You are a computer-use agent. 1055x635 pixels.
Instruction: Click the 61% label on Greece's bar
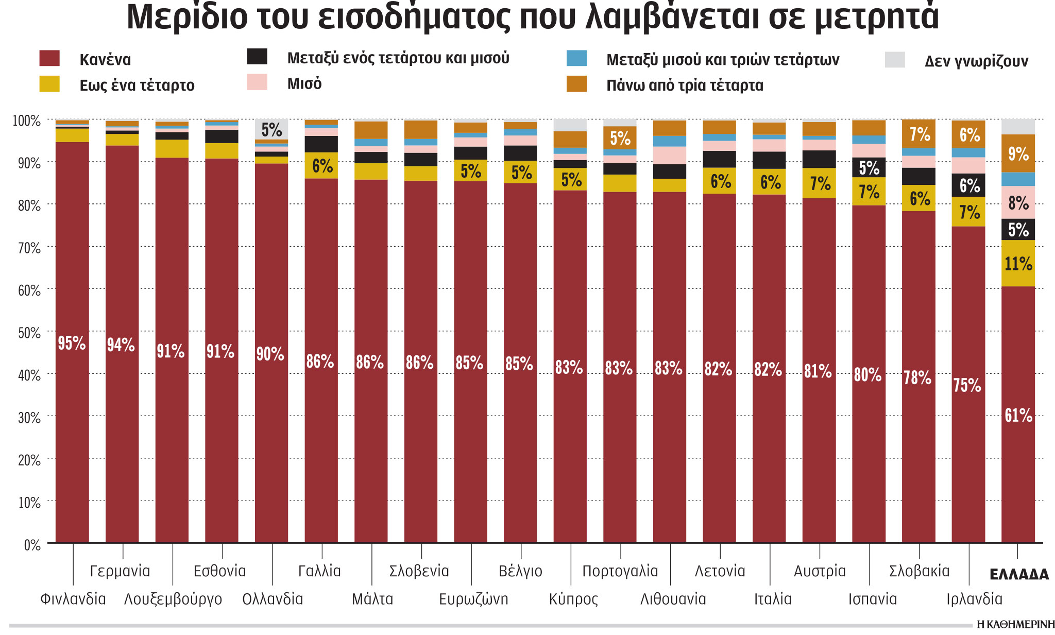pyautogui.click(x=1018, y=415)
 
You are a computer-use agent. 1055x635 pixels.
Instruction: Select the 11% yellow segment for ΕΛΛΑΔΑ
pyautogui.click(x=1018, y=264)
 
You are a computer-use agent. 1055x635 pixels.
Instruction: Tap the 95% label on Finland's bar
pyautogui.click(x=72, y=343)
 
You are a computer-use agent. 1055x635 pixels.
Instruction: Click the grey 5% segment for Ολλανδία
pyautogui.click(x=271, y=129)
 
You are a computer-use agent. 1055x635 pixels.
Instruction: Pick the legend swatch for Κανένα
pyautogui.click(x=49, y=58)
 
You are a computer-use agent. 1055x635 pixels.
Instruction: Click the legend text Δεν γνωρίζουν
pyautogui.click(x=976, y=61)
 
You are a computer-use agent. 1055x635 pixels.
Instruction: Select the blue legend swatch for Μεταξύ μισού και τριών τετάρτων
pyautogui.click(x=576, y=58)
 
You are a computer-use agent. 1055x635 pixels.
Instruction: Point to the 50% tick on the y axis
pyautogui.click(x=29, y=333)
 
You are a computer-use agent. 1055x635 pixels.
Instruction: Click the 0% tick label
pyautogui.click(x=32, y=545)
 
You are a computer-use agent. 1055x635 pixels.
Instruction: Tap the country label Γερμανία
pyautogui.click(x=120, y=571)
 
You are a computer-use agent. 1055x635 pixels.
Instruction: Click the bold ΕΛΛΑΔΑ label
pyautogui.click(x=1019, y=574)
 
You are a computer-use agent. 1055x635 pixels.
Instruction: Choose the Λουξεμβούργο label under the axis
pyautogui.click(x=173, y=599)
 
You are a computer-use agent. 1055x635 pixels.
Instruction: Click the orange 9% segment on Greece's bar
pyautogui.click(x=1018, y=153)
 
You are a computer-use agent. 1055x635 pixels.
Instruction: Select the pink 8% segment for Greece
pyautogui.click(x=1018, y=202)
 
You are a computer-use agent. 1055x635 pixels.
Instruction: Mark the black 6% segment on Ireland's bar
pyautogui.click(x=968, y=185)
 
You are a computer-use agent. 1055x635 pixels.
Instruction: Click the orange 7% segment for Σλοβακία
pyautogui.click(x=918, y=134)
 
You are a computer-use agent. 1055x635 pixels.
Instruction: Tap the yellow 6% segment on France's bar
pyautogui.click(x=321, y=165)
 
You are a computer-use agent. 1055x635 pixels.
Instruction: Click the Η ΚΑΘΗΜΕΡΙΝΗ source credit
pyautogui.click(x=1015, y=625)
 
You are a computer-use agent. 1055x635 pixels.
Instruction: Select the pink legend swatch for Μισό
pyautogui.click(x=257, y=82)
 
